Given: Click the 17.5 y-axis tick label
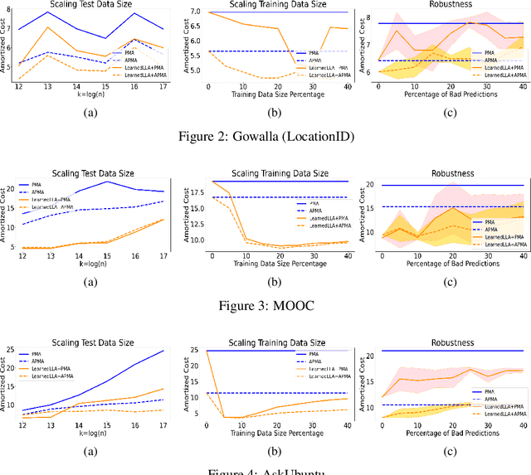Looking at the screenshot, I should point(195,192).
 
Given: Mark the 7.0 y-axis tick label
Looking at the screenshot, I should point(196,12).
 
